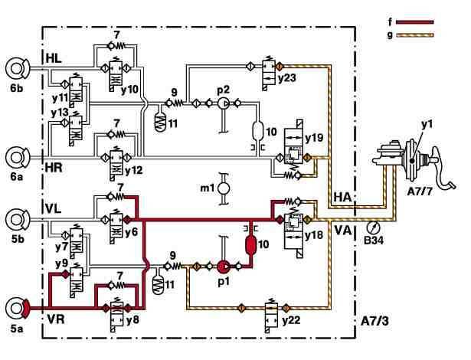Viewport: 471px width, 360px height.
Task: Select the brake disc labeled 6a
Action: coord(16,158)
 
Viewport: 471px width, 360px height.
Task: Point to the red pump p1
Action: coord(224,267)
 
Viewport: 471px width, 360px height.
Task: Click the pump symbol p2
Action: coord(224,103)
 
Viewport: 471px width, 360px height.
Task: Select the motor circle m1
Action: coord(224,188)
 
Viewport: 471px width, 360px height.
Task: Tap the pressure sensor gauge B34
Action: coord(373,227)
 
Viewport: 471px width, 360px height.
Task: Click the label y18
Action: coord(315,236)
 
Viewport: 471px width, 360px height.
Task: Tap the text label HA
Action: coord(342,195)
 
